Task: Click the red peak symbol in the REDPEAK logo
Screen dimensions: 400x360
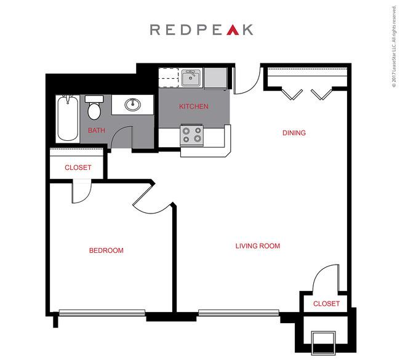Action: click(x=233, y=30)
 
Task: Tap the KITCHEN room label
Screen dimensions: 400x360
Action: click(x=194, y=106)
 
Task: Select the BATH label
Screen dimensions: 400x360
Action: click(x=97, y=130)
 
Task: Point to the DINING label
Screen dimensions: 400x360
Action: click(x=294, y=133)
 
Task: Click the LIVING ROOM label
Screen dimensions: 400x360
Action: click(x=258, y=246)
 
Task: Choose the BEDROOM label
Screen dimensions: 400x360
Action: click(x=106, y=250)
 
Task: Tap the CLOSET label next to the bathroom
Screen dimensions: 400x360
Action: click(x=78, y=167)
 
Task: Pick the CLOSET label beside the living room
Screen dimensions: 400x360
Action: click(x=326, y=303)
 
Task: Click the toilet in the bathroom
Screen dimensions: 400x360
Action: click(x=94, y=108)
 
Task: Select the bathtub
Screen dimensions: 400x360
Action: click(x=68, y=118)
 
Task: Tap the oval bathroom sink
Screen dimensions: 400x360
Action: click(x=133, y=105)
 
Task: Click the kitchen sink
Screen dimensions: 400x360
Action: click(x=191, y=78)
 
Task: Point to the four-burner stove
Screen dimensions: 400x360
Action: click(x=192, y=135)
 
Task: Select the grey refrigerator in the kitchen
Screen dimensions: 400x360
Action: click(x=215, y=79)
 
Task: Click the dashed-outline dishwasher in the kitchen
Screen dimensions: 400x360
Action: click(x=169, y=78)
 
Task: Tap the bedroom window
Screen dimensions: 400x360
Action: click(x=102, y=313)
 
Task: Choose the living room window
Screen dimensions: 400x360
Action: click(x=239, y=313)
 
